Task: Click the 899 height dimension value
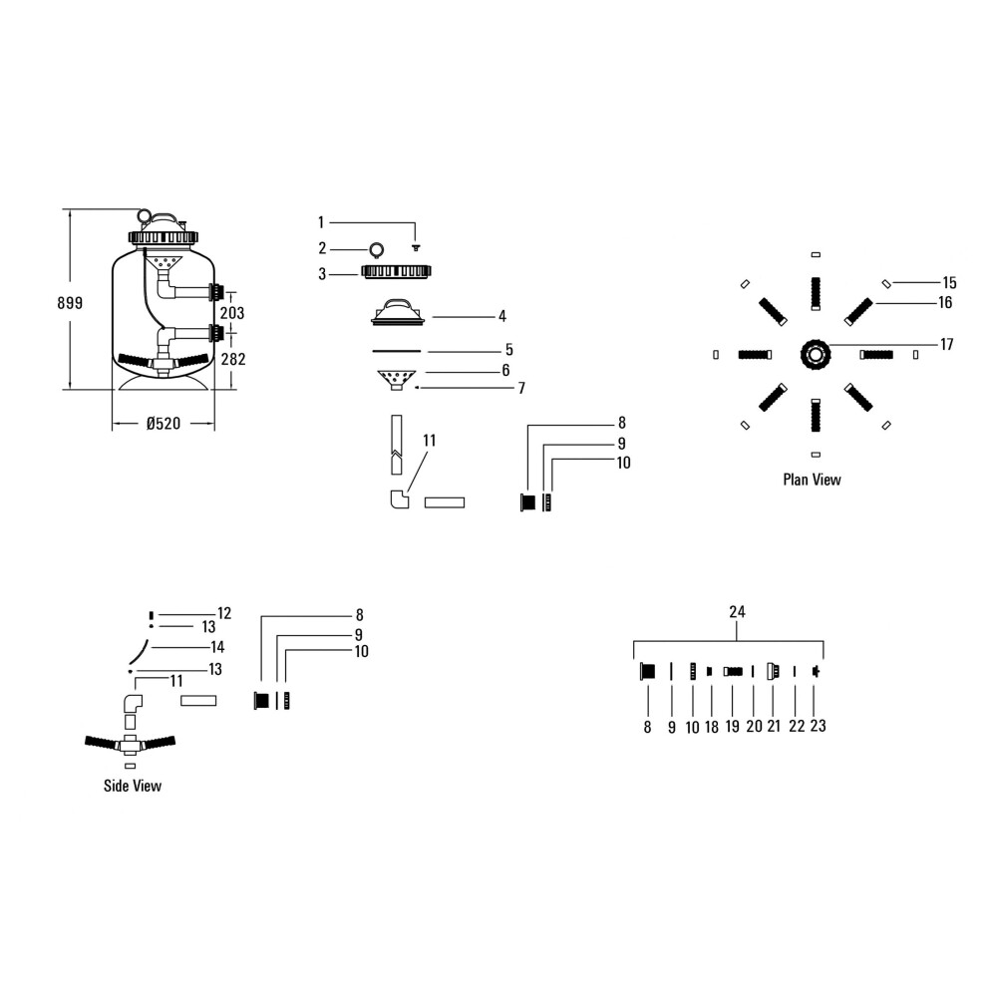coord(70,303)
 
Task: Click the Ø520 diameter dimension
coord(164,424)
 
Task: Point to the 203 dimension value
coord(232,313)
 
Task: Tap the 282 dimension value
coord(233,359)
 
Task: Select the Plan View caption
coord(812,480)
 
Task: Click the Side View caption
coord(133,786)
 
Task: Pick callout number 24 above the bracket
coord(737,612)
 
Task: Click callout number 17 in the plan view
coord(947,344)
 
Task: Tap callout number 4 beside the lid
coord(502,316)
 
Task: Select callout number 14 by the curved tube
coord(217,647)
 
